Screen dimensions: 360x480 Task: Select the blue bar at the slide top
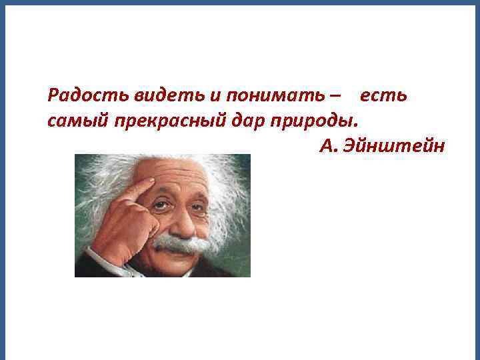click(240, 3)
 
